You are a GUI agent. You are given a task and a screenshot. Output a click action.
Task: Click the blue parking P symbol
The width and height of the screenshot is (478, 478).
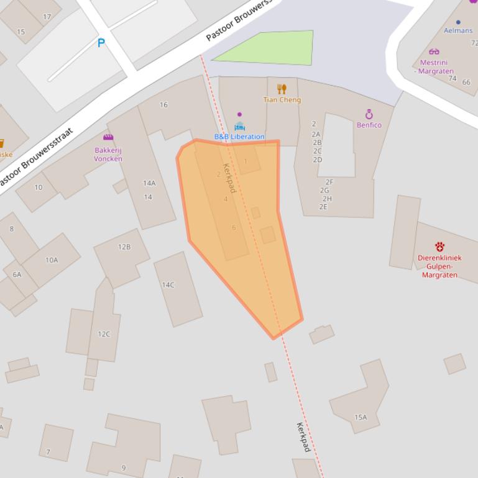(101, 43)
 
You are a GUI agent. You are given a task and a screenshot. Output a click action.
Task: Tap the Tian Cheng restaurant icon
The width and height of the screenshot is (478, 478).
(282, 89)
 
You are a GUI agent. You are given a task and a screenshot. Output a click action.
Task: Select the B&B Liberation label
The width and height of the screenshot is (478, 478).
(239, 137)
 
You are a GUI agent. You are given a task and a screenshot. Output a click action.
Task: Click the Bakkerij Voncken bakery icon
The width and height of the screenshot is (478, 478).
(108, 137)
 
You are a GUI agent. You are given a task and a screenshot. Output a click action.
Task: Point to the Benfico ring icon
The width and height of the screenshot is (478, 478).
(369, 114)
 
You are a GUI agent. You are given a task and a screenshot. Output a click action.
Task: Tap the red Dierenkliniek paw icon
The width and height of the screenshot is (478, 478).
(439, 246)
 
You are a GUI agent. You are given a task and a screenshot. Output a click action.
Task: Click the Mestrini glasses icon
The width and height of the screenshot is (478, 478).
(434, 52)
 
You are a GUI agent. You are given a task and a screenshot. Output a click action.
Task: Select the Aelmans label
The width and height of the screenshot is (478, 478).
(458, 30)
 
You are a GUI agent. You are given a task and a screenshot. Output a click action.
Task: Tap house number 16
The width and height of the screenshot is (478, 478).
(163, 105)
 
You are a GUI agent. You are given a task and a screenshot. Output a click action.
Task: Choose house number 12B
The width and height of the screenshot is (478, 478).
(124, 247)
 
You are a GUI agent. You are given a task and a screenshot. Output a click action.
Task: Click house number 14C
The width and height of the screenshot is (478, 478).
(168, 285)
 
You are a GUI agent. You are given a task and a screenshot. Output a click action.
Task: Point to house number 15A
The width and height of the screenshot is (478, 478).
(361, 417)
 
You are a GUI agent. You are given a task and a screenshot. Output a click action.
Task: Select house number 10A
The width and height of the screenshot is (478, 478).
(52, 260)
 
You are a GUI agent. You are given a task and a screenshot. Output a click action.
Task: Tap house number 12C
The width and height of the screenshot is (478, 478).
(104, 334)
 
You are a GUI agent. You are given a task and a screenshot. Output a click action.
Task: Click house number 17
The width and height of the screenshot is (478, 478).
(47, 17)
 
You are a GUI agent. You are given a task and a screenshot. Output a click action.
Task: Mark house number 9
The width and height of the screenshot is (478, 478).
(123, 468)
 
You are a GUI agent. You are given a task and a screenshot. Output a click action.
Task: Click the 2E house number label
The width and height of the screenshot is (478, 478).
(323, 207)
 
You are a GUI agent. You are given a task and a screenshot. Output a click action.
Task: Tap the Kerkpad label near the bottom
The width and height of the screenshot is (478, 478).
(303, 436)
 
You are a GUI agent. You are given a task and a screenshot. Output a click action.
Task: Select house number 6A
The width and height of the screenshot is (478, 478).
(17, 274)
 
